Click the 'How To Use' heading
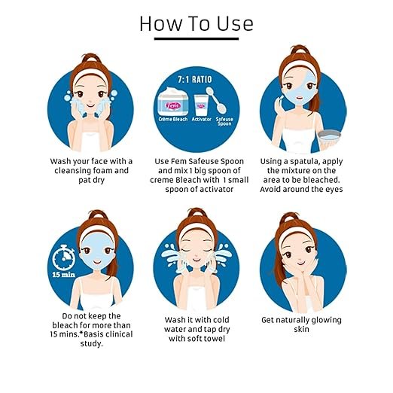click(x=196, y=23)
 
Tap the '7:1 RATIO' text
click(x=195, y=80)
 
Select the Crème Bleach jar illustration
click(x=173, y=101)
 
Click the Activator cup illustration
click(x=201, y=105)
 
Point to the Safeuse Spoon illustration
click(x=216, y=99)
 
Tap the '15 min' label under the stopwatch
click(x=64, y=275)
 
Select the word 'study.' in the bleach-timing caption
click(x=92, y=343)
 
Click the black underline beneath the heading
click(x=196, y=39)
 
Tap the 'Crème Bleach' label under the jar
click(x=173, y=119)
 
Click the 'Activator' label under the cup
click(x=201, y=119)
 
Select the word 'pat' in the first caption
click(x=84, y=180)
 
